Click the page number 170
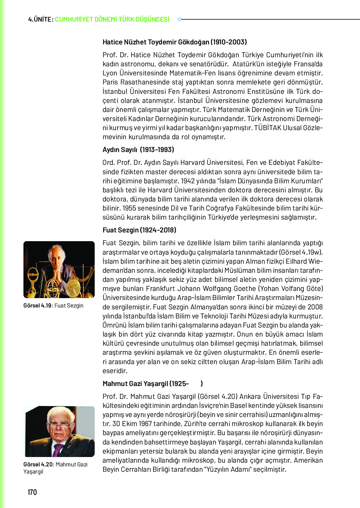click(x=32, y=492)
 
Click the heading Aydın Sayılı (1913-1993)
click(x=138, y=150)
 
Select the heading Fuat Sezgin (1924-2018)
click(x=139, y=230)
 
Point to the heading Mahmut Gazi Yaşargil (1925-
click(x=146, y=384)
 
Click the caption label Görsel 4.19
click(x=37, y=306)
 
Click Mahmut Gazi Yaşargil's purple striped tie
click(x=57, y=450)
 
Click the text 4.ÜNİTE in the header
click(x=40, y=19)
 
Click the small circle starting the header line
click(x=179, y=19)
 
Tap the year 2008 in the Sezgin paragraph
click(x=315, y=307)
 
